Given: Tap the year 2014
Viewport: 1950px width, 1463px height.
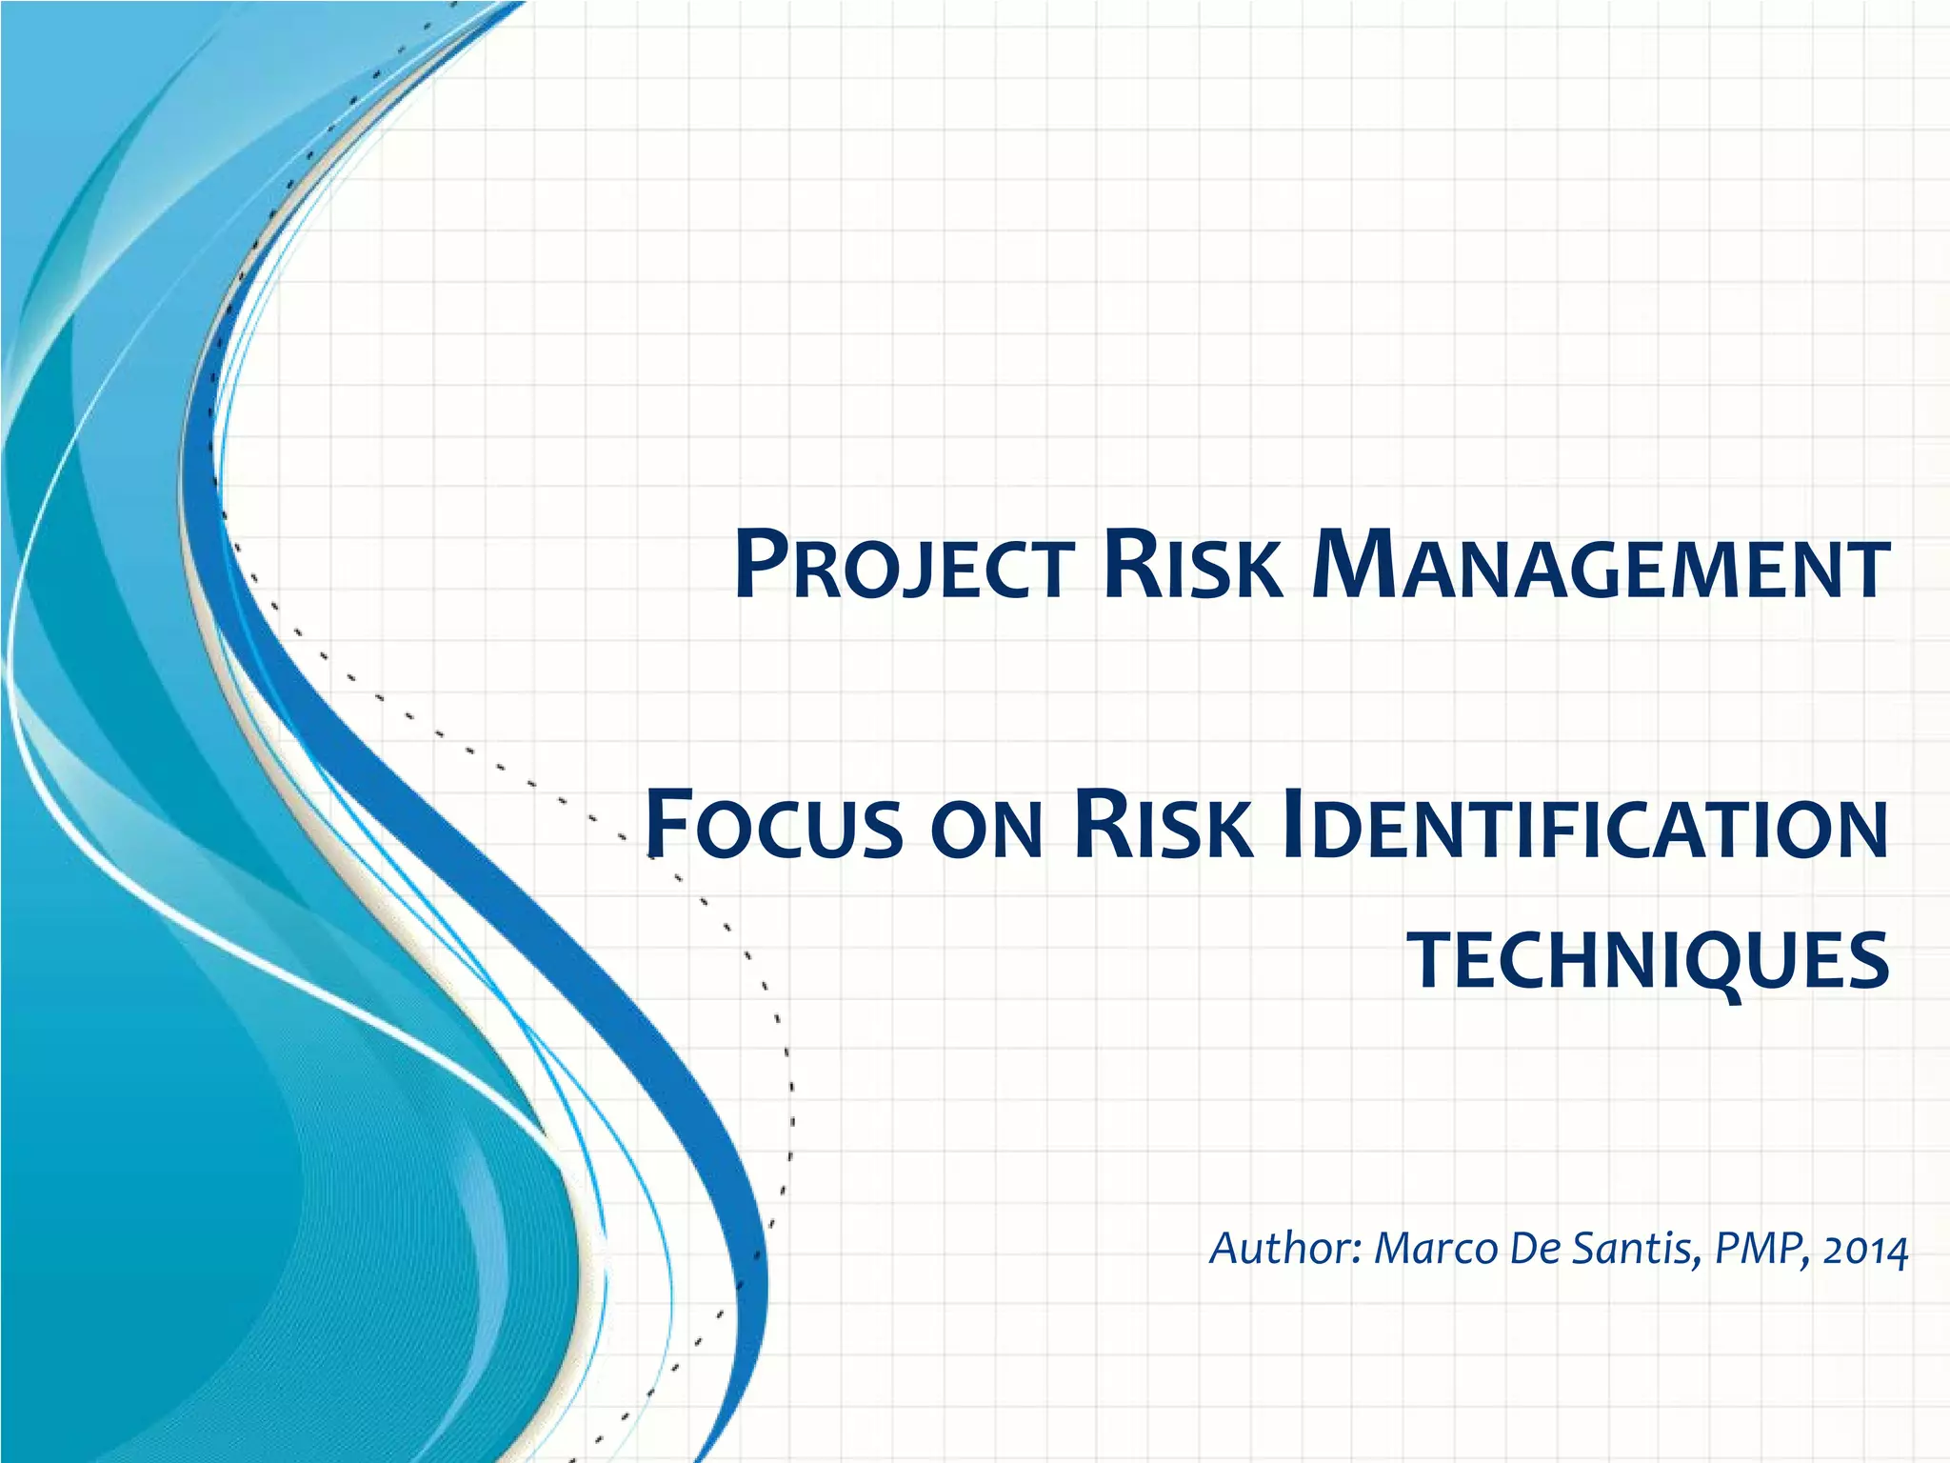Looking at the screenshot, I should click(1866, 1250).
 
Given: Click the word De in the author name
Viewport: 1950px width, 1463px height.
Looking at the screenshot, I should click(1534, 1248).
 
